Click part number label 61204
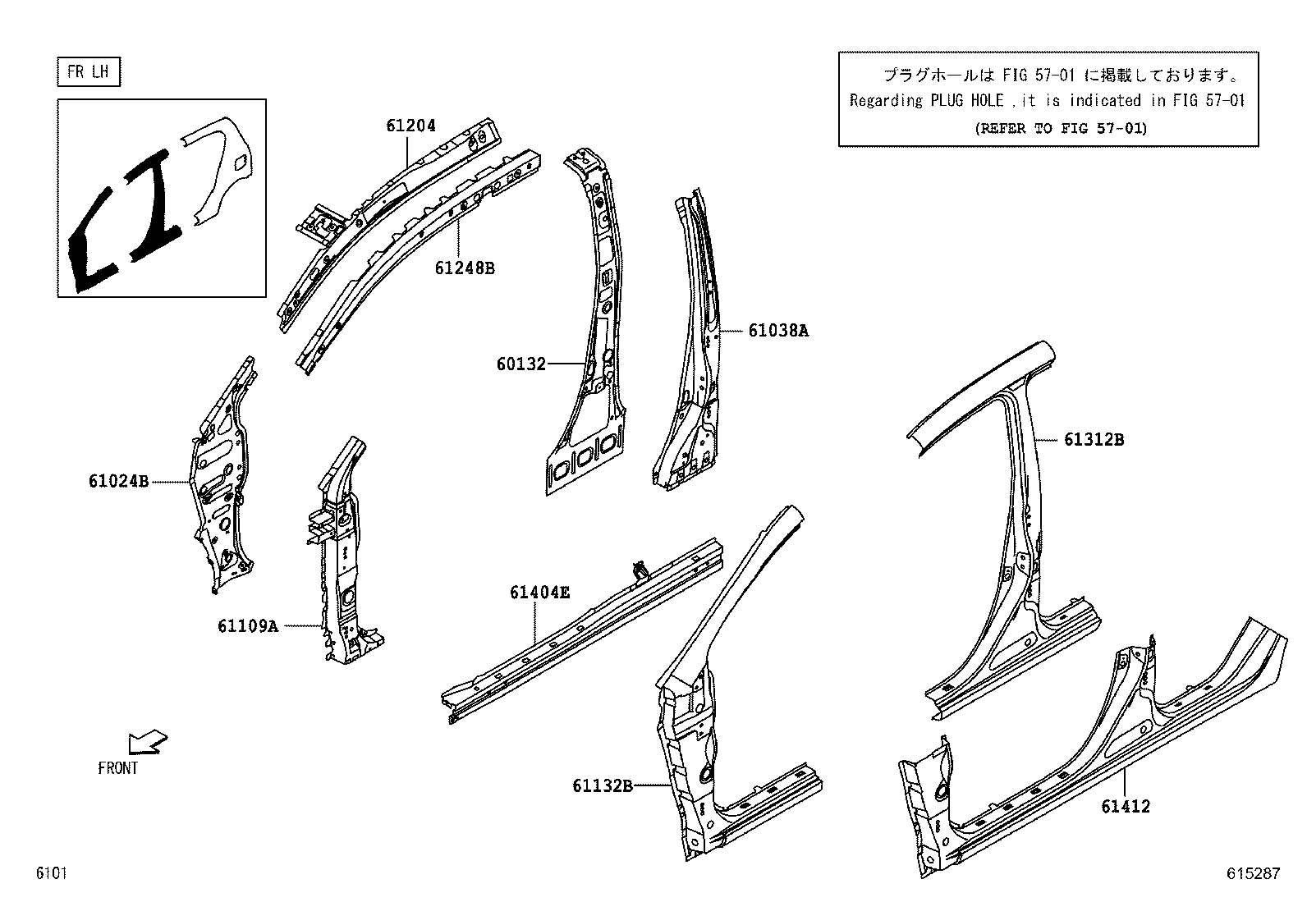coord(411,126)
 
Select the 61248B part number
coord(465,268)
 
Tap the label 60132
coord(521,364)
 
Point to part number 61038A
coord(777,331)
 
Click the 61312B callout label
coord(1094,440)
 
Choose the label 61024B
coord(118,482)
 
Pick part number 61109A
coord(247,626)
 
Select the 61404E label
coord(539,592)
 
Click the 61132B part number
coord(602,786)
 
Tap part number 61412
coord(1126,807)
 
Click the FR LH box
coord(89,72)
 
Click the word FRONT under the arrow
coord(118,769)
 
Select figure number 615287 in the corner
coord(1253,874)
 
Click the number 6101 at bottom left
coord(50,874)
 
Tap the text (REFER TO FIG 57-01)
coord(1061,128)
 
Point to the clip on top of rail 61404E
coord(640,569)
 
